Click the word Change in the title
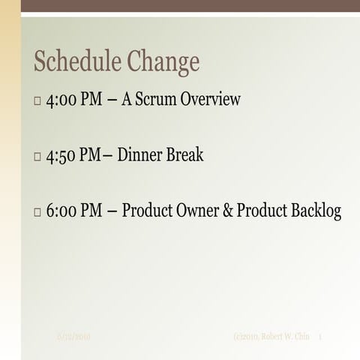[x=164, y=62]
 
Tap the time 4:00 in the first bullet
[x=62, y=100]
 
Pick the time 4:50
[x=62, y=156]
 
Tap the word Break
[x=184, y=156]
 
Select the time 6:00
[x=62, y=212]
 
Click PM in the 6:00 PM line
[x=92, y=212]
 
